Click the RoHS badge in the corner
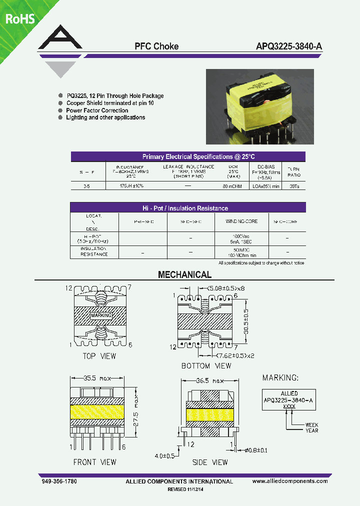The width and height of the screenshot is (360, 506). [20, 19]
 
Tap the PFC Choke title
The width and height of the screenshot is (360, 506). [156, 46]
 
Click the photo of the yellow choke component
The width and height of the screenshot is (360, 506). [260, 106]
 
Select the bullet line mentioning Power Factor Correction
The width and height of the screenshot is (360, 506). [97, 110]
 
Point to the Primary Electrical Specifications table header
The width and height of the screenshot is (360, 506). [188, 156]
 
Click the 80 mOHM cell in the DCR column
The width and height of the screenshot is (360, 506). [232, 185]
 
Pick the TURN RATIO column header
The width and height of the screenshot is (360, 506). [293, 172]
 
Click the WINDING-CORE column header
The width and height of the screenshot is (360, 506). [238, 221]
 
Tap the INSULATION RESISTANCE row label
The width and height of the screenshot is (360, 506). [94, 251]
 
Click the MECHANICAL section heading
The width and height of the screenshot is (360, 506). [184, 274]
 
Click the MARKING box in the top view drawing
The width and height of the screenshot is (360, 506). [101, 315]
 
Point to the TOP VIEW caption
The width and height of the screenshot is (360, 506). [99, 356]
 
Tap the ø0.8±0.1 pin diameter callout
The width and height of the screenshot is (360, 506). [257, 450]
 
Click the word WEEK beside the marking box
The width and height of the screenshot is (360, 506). [311, 425]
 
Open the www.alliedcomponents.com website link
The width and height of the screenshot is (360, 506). [290, 481]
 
